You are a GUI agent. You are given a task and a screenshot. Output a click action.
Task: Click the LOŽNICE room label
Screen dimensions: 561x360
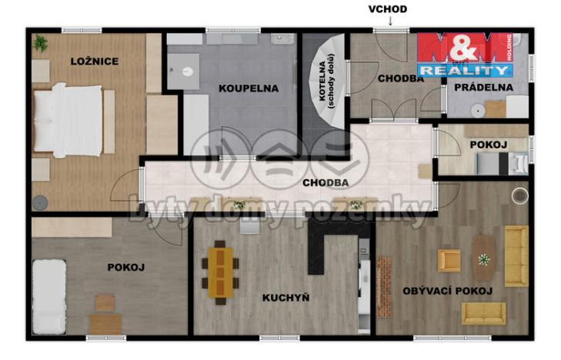[x=95, y=62]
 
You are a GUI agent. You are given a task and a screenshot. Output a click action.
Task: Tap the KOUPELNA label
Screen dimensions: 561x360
[x=249, y=88]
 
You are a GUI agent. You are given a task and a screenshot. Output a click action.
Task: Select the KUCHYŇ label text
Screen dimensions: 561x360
[x=286, y=298]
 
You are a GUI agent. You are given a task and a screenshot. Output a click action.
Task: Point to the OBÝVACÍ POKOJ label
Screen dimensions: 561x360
[x=448, y=291]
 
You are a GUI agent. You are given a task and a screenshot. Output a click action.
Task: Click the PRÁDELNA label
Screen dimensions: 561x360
[x=484, y=87]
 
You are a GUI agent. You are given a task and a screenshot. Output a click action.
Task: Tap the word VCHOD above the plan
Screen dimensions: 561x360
[x=388, y=9]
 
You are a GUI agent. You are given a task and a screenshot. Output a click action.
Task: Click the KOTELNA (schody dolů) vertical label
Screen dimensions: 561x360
[x=326, y=81]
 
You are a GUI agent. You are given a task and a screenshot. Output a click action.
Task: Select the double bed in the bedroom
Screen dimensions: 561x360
[x=68, y=121]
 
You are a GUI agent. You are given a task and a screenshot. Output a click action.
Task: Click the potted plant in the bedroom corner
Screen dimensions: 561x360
[x=40, y=43]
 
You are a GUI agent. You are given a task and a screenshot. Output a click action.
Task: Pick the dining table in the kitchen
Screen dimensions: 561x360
[x=220, y=273]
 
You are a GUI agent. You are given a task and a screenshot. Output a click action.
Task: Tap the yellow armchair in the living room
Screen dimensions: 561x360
[x=449, y=261]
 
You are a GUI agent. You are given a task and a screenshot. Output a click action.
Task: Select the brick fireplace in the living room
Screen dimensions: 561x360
[x=384, y=286]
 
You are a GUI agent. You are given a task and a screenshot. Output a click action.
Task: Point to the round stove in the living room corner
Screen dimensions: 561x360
[x=519, y=195]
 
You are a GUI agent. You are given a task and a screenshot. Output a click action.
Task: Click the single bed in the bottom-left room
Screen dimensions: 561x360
[x=49, y=297]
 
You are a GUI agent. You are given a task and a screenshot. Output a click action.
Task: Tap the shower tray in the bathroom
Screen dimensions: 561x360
[x=183, y=72]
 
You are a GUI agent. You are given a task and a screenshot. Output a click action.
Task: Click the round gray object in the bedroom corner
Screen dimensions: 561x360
[x=40, y=203]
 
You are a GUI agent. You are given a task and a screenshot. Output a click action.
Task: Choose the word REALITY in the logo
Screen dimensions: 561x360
[x=465, y=71]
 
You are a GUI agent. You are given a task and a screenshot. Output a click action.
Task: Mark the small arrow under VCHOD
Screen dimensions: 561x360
[x=390, y=21]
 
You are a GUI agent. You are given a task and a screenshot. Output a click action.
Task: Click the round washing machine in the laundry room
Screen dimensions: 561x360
[x=477, y=111]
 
